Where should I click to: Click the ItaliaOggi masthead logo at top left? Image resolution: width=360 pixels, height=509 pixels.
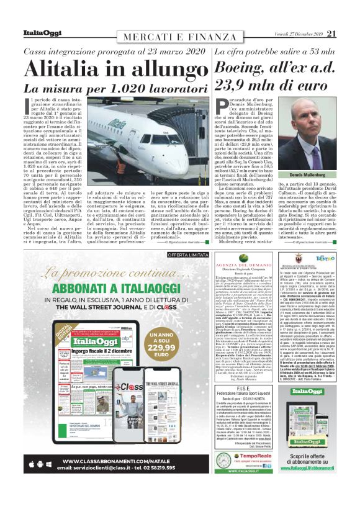click(42, 33)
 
